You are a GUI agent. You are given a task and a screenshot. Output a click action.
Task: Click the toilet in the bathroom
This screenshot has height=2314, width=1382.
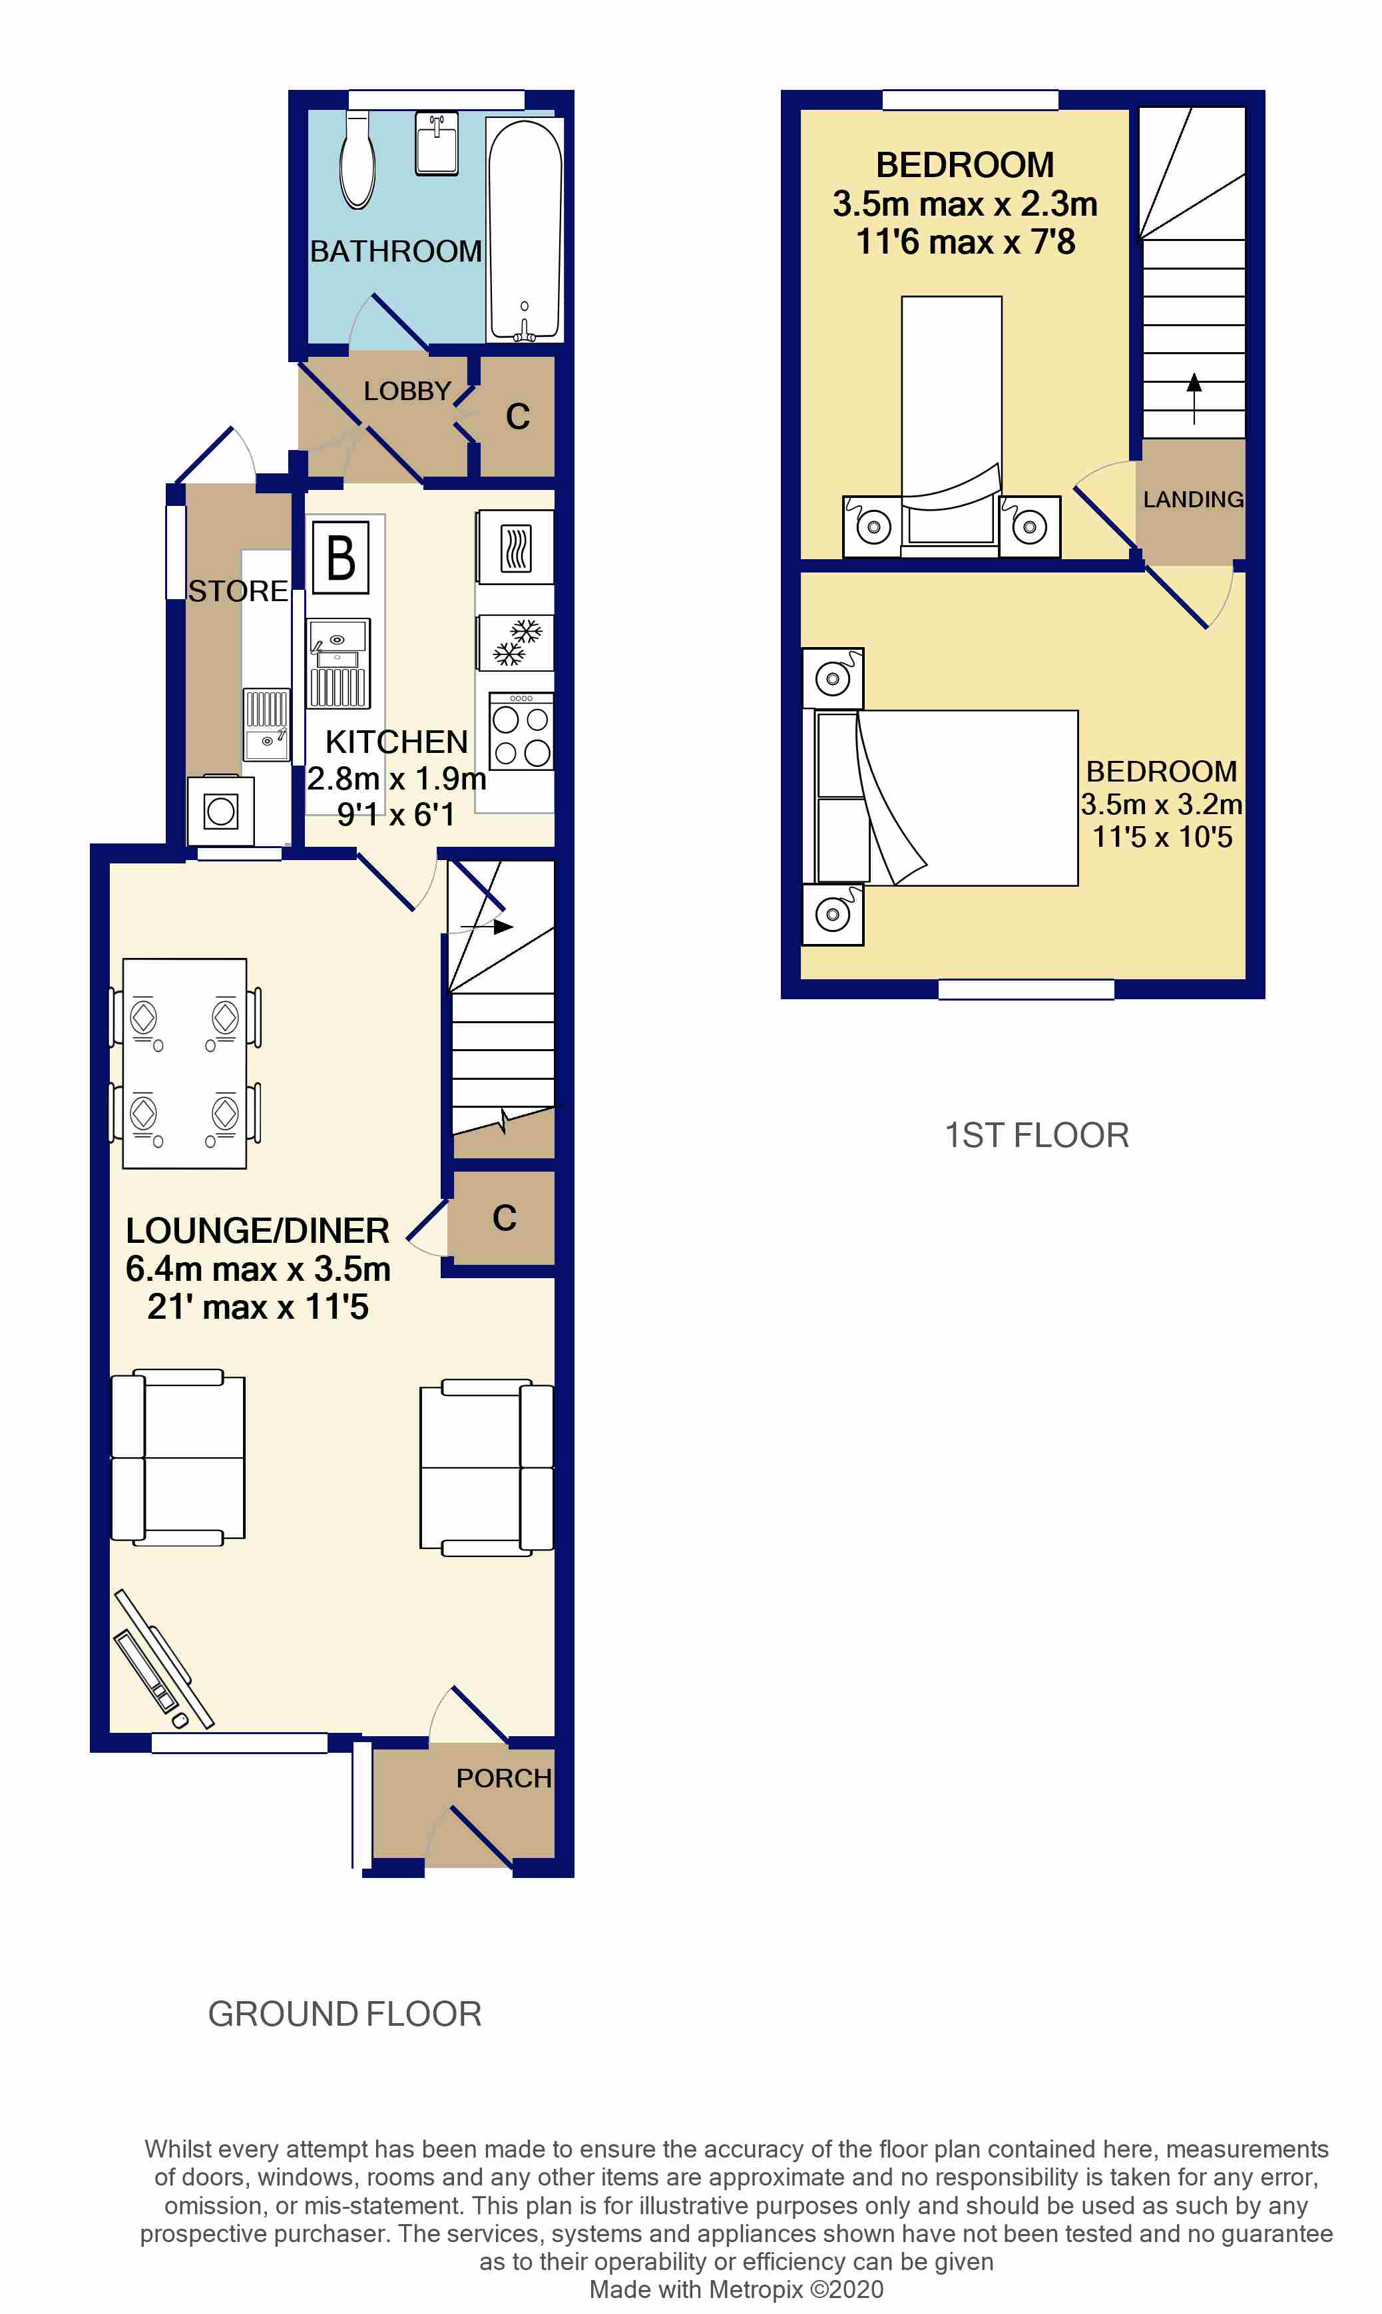tap(357, 161)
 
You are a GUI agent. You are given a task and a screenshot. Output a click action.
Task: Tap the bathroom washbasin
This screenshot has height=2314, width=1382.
tap(436, 144)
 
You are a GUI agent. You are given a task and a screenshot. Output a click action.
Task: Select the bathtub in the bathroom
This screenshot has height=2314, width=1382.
tap(525, 228)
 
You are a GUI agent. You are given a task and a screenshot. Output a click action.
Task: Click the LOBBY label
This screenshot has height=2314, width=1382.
tap(407, 391)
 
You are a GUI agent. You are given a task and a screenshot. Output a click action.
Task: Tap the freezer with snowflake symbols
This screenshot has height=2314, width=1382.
tap(516, 642)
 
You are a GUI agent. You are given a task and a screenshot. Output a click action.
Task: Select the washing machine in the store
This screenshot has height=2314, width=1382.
tap(221, 810)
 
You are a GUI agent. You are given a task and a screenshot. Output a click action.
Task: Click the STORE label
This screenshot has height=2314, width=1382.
tap(238, 591)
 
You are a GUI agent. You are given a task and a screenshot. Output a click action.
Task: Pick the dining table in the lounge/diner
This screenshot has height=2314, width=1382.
tap(184, 1063)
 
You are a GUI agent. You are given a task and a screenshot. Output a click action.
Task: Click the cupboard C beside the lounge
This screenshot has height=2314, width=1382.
tap(504, 1218)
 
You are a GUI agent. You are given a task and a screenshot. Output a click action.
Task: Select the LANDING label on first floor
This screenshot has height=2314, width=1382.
tap(1193, 500)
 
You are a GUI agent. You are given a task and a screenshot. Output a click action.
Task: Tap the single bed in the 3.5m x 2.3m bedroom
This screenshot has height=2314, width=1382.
tap(951, 419)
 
